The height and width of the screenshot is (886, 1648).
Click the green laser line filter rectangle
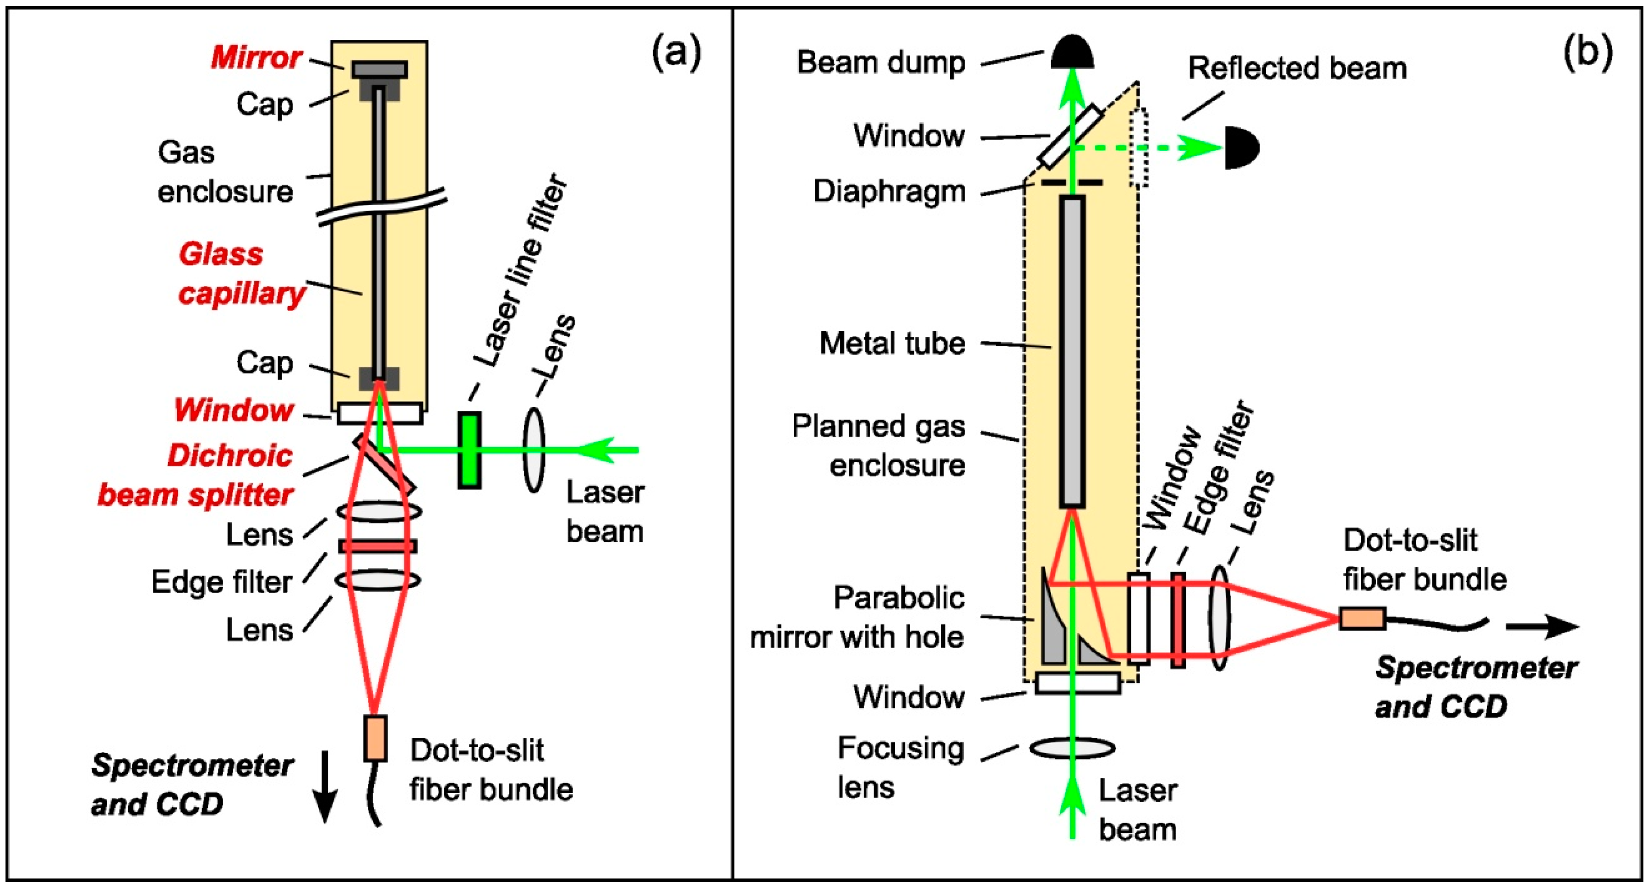469,450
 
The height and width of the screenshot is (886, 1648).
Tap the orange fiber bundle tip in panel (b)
1363,618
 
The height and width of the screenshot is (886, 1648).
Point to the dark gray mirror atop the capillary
379,69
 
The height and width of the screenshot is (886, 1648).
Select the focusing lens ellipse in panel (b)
1072,747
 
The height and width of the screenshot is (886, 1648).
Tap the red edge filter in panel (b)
1178,620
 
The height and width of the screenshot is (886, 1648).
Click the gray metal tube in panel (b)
1072,352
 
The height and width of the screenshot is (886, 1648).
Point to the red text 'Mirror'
256,58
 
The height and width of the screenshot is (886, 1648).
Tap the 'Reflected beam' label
1298,68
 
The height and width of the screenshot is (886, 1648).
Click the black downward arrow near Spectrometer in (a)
325,787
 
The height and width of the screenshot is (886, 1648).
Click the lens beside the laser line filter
534,450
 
